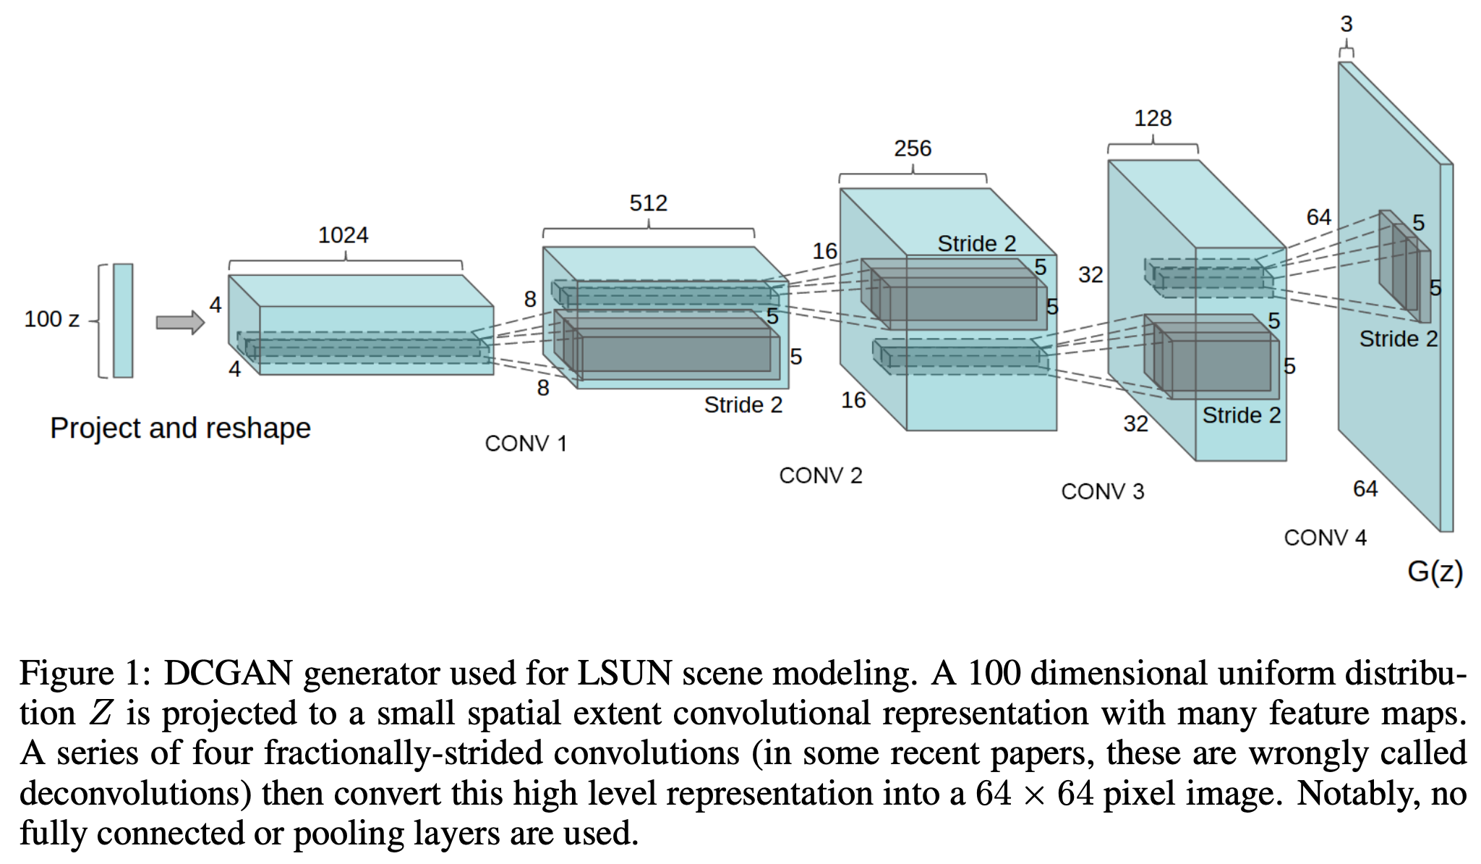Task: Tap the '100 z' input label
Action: click(51, 319)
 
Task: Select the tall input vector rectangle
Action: click(123, 320)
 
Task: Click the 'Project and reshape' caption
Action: click(180, 428)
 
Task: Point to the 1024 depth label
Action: click(343, 235)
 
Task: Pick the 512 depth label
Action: click(648, 203)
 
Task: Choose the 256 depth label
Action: click(912, 148)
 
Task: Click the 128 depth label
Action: click(1152, 118)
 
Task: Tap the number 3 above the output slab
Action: click(1346, 25)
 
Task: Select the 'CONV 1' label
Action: click(526, 444)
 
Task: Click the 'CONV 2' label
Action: click(821, 475)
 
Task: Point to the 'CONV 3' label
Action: click(1102, 492)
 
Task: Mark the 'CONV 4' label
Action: click(1325, 538)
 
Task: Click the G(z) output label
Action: click(1435, 572)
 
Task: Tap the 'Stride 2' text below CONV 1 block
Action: click(743, 405)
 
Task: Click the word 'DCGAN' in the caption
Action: click(228, 673)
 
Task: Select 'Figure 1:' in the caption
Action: click(85, 673)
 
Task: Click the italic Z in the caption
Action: click(101, 713)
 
